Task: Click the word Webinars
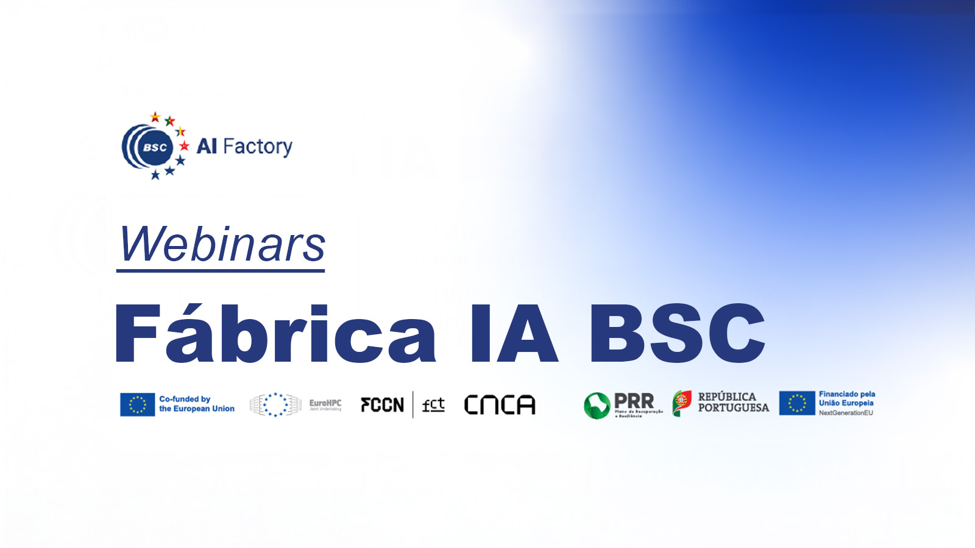[222, 245]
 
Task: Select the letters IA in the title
[513, 334]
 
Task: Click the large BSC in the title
[676, 334]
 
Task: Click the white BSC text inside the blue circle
[155, 147]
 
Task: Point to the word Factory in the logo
[258, 147]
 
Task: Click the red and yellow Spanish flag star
[155, 117]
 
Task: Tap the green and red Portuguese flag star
[170, 121]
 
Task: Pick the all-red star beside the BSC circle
[184, 146]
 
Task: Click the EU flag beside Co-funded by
[137, 404]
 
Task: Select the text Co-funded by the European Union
[196, 404]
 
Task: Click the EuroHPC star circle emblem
[275, 404]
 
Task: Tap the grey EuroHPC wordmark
[325, 404]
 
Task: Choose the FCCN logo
[382, 405]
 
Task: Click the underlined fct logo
[433, 405]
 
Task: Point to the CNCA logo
[500, 405]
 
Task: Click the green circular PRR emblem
[597, 406]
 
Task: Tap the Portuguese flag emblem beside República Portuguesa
[682, 403]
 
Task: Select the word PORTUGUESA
[733, 408]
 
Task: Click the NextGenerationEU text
[846, 413]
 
